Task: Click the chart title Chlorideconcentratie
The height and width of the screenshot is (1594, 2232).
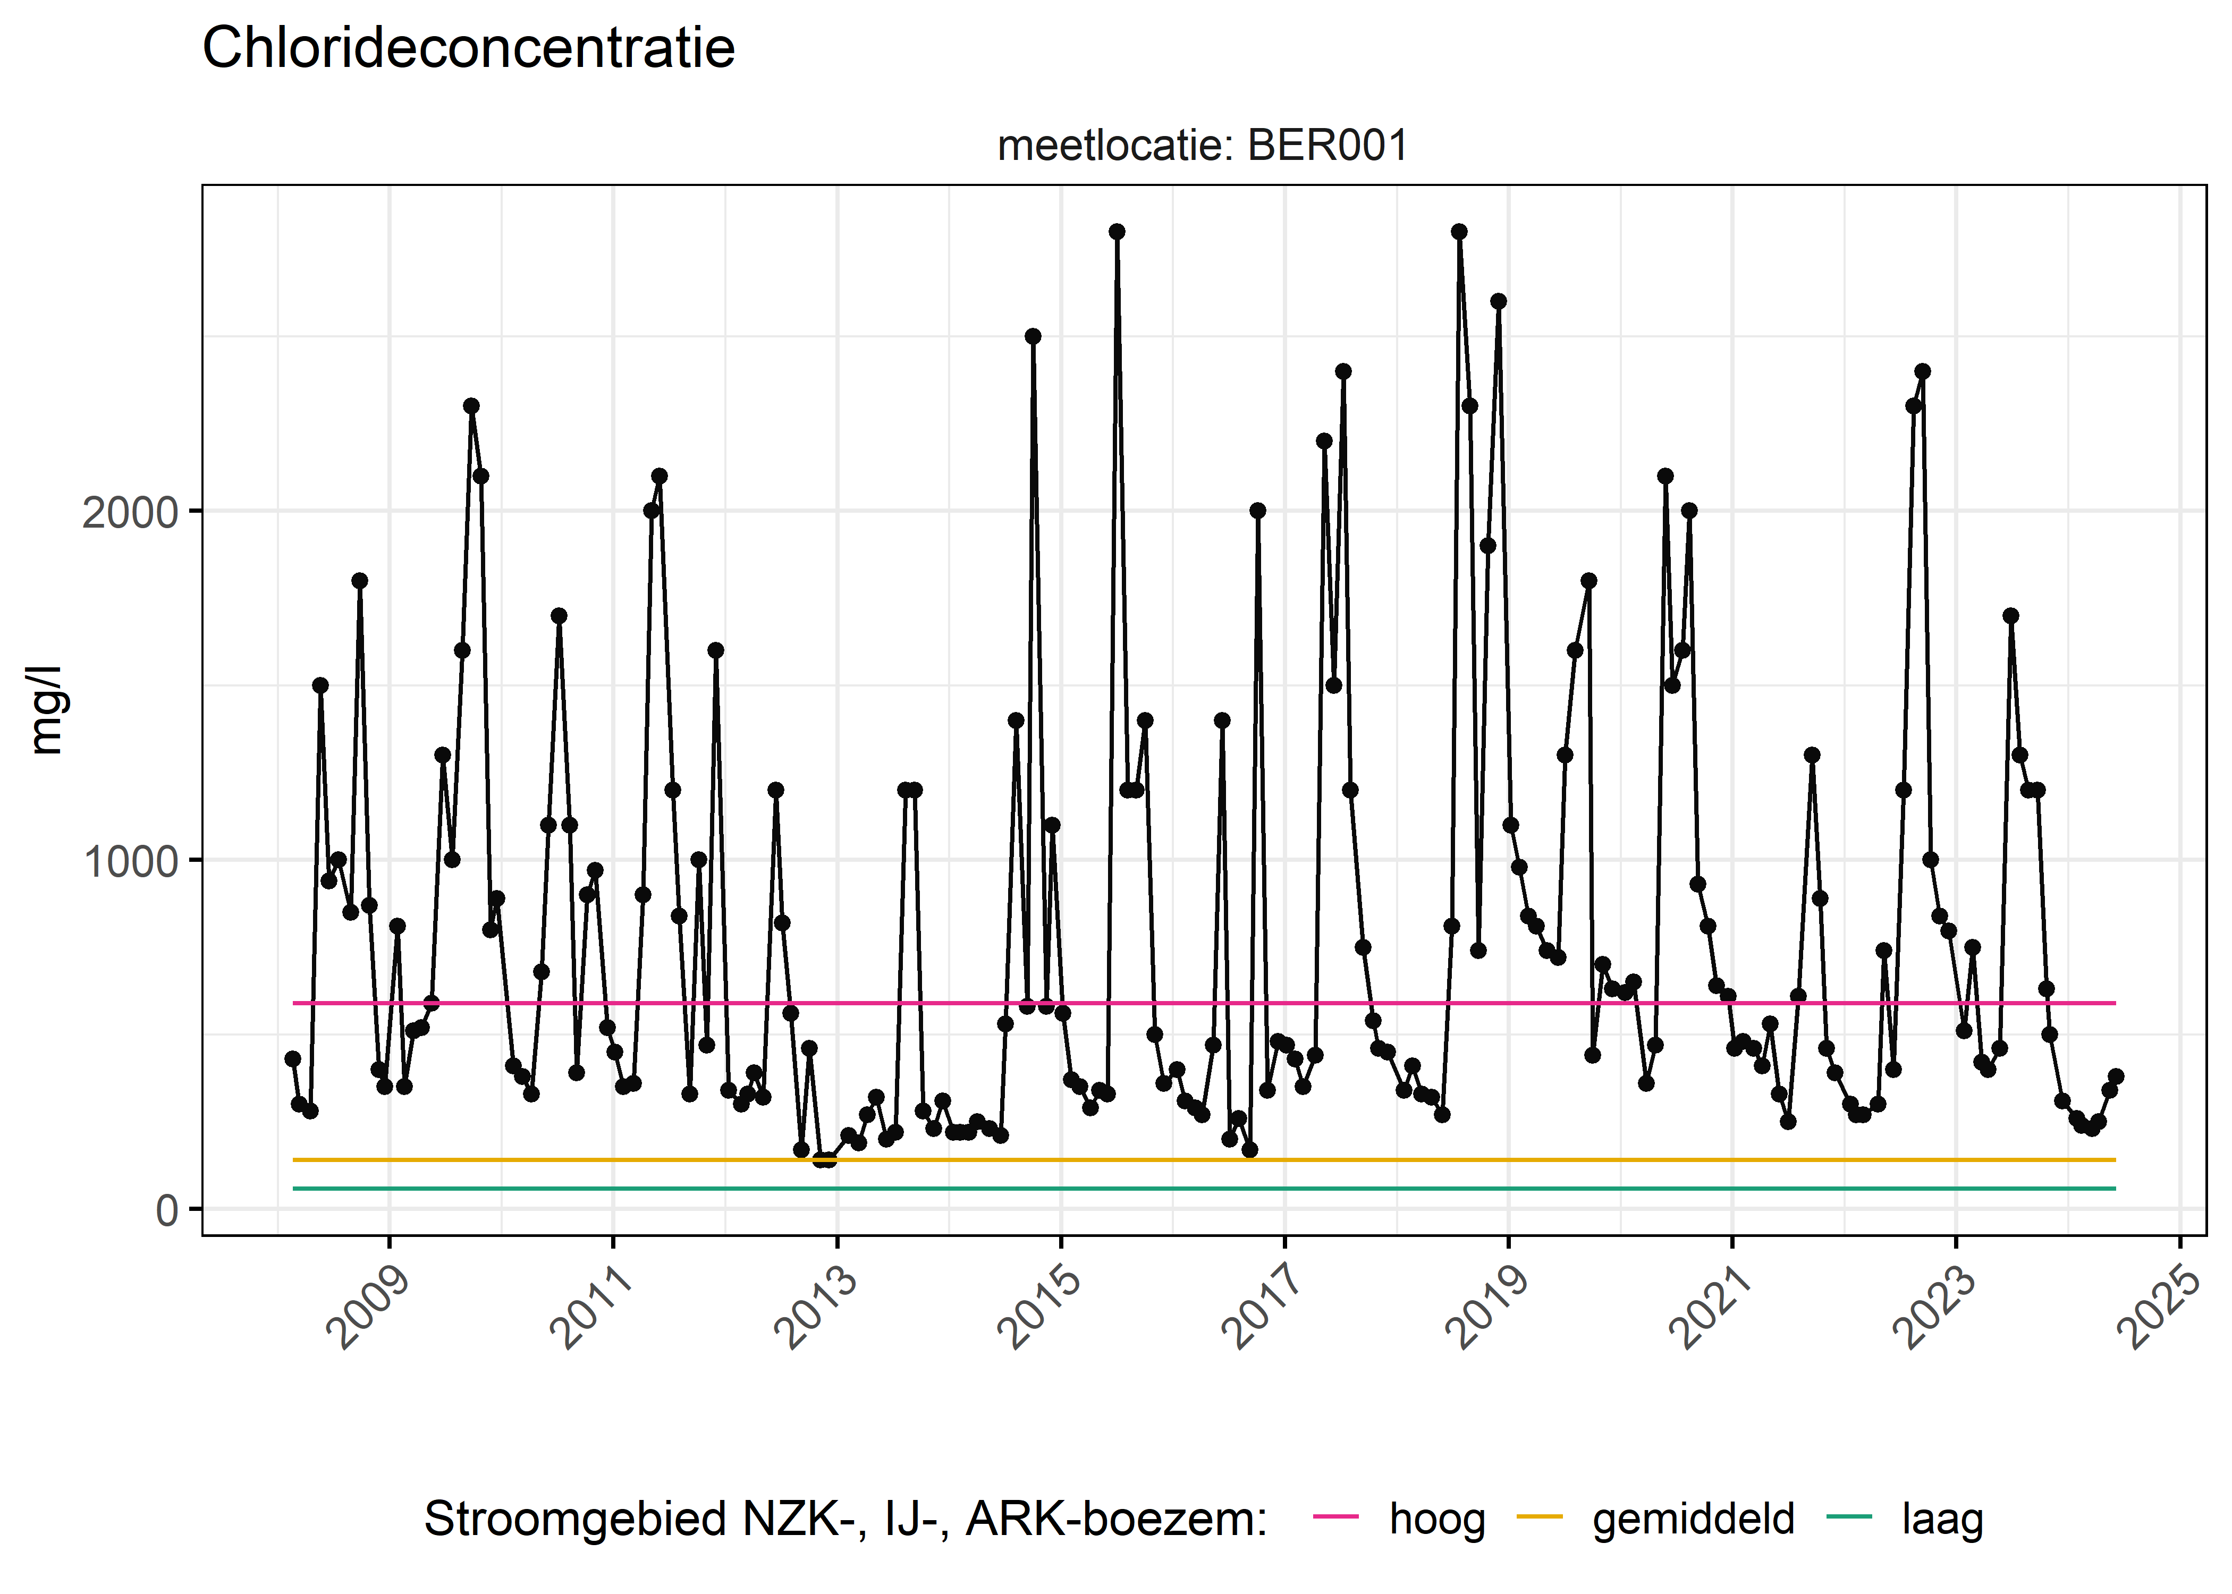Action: click(468, 48)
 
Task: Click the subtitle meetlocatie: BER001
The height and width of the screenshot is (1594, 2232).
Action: click(1203, 146)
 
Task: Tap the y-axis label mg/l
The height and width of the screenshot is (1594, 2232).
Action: click(45, 710)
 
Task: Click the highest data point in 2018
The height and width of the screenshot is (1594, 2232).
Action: click(1459, 232)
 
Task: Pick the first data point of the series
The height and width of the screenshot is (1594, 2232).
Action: click(292, 1058)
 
